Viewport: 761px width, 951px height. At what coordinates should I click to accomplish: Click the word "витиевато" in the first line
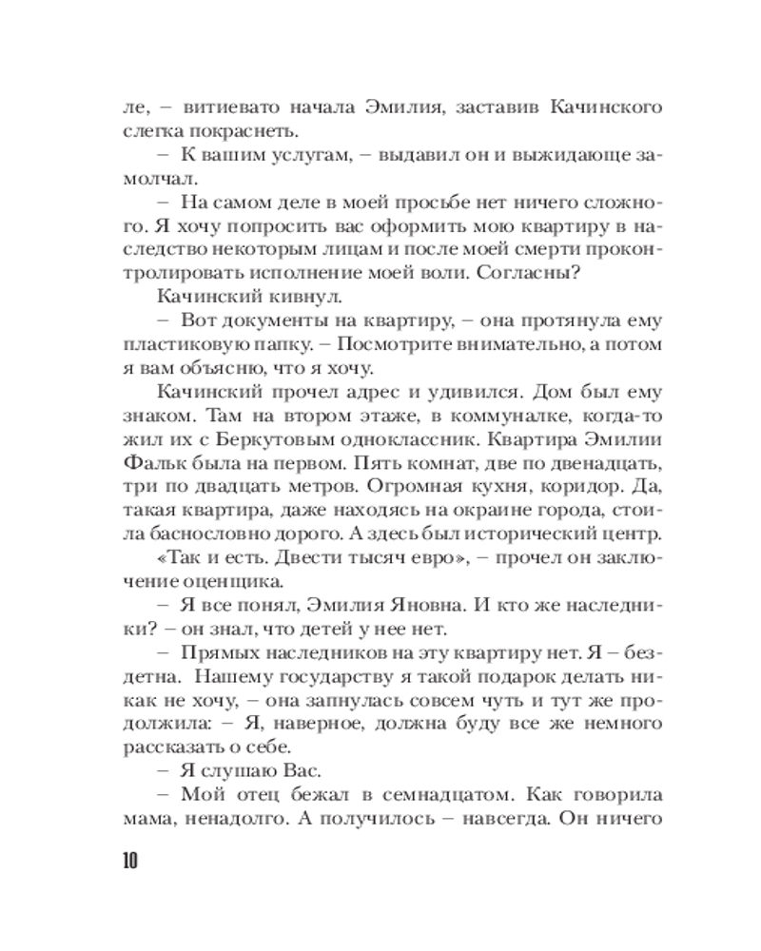pyautogui.click(x=211, y=107)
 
